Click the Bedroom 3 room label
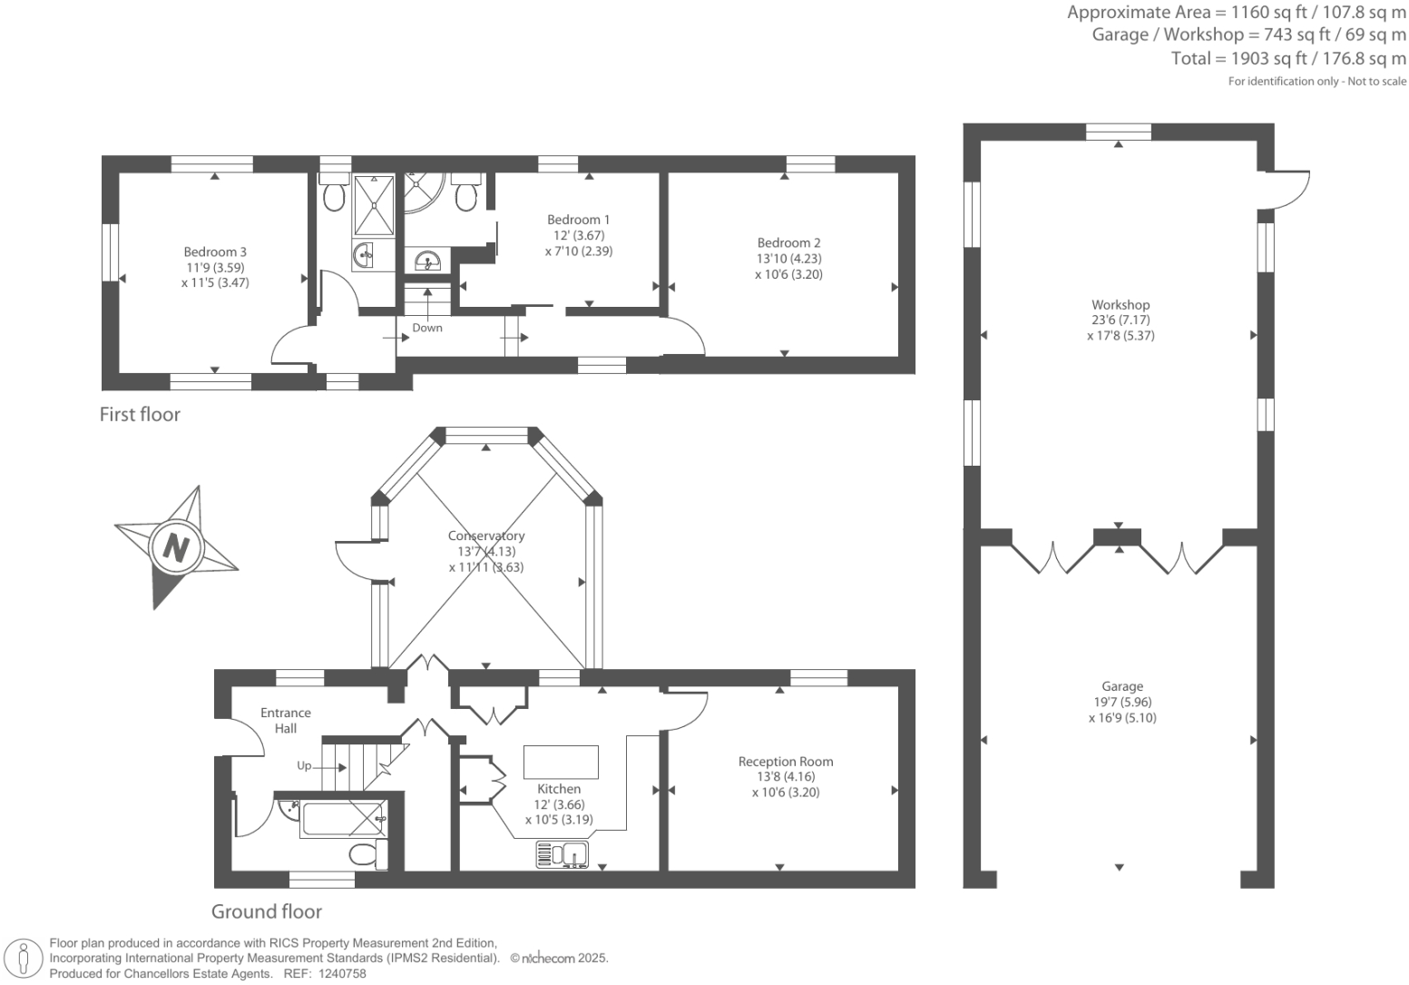click(215, 252)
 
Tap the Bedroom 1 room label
click(578, 220)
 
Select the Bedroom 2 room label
click(788, 243)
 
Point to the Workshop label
click(1120, 305)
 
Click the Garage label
click(1122, 687)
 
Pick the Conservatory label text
click(486, 536)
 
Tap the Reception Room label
click(785, 762)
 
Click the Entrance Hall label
click(286, 721)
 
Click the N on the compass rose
click(175, 547)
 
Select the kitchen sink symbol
click(563, 854)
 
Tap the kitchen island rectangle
click(561, 762)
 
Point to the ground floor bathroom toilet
click(367, 854)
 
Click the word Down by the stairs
click(427, 328)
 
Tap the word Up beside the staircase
click(304, 766)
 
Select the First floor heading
click(140, 415)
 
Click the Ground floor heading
click(267, 911)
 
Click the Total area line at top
click(1288, 59)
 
